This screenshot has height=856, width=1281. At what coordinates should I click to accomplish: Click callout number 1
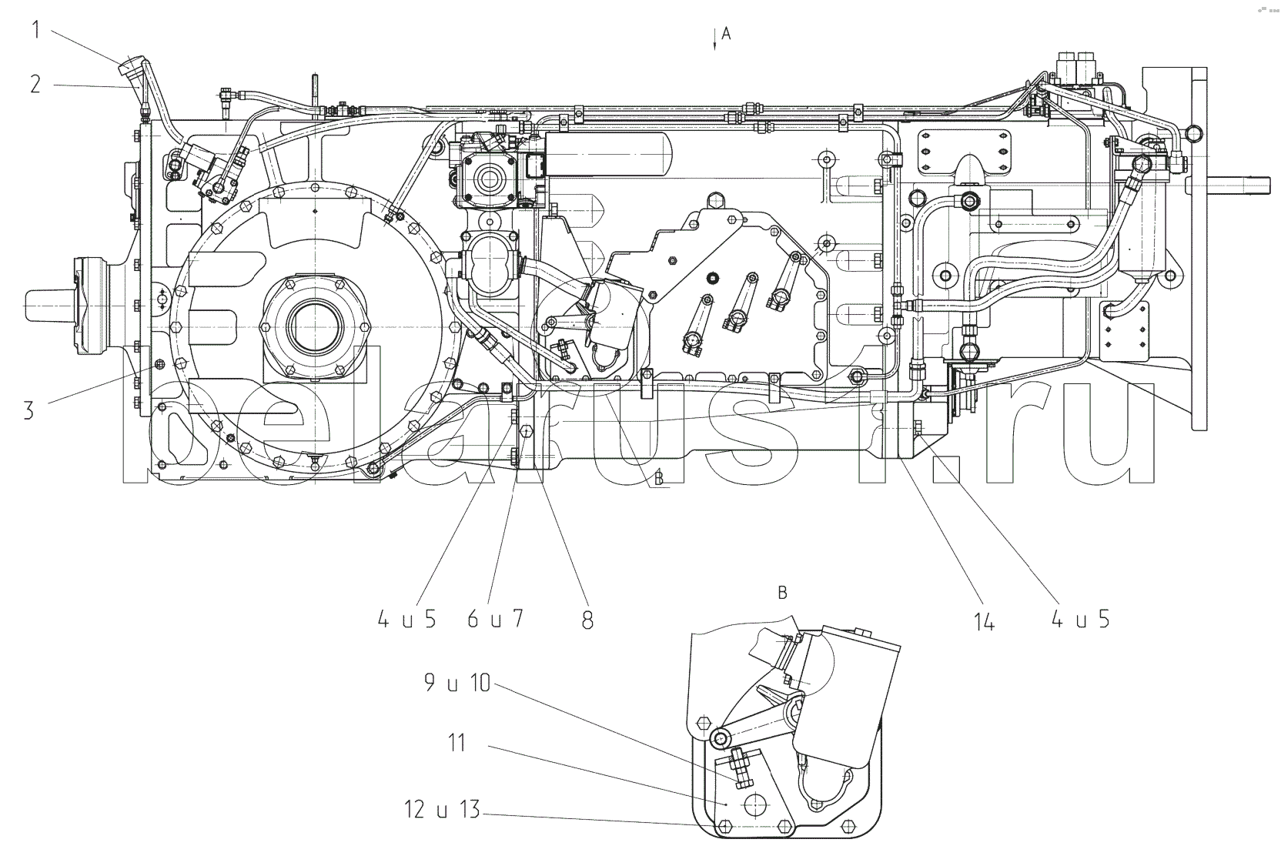coord(35,30)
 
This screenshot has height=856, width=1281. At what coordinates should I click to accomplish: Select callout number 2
coord(35,84)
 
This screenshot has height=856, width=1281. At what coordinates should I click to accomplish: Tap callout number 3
coord(28,410)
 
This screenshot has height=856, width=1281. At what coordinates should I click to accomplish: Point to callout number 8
coord(587,620)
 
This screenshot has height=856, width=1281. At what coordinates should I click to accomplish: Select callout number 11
coord(457,744)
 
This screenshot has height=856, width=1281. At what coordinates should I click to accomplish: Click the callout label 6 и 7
coord(495,618)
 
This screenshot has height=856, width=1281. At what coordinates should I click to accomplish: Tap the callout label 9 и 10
coord(457,682)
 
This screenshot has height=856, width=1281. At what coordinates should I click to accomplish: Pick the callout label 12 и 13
coord(442,810)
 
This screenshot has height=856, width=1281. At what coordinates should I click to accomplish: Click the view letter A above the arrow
coord(726,33)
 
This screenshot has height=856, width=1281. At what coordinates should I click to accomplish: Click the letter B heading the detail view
coord(782,593)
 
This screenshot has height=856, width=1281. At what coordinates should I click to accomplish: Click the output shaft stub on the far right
coord(1239,186)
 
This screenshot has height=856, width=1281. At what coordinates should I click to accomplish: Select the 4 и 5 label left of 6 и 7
coord(407,618)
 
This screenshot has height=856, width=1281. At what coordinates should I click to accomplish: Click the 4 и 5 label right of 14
coord(1081,618)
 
